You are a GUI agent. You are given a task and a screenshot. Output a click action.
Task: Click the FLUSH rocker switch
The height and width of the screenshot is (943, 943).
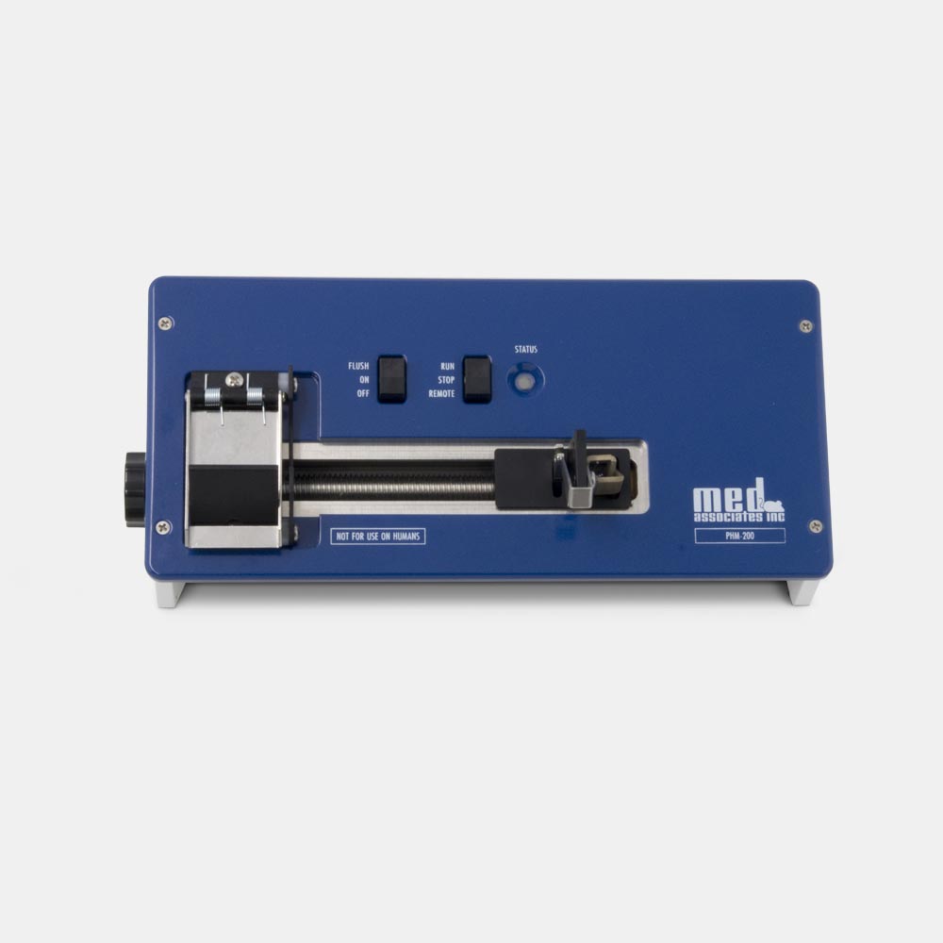392,379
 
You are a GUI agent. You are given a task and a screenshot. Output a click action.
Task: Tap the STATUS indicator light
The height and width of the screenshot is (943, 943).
525,381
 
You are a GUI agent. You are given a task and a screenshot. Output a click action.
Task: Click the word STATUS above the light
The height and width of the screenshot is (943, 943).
525,350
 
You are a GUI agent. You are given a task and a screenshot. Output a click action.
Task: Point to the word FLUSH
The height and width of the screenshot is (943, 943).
358,366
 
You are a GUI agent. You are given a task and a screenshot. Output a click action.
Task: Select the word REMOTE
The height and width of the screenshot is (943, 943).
441,394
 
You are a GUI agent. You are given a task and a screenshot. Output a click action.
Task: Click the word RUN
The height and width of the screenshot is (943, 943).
447,366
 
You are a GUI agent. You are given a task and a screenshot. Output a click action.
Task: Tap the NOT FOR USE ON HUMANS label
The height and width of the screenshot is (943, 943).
378,536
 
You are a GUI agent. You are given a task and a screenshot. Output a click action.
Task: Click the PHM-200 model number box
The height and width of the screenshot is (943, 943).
739,536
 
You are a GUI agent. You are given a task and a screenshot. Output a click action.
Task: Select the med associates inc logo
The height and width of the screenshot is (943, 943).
738,501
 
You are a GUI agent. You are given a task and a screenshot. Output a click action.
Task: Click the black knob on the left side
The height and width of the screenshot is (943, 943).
135,489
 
